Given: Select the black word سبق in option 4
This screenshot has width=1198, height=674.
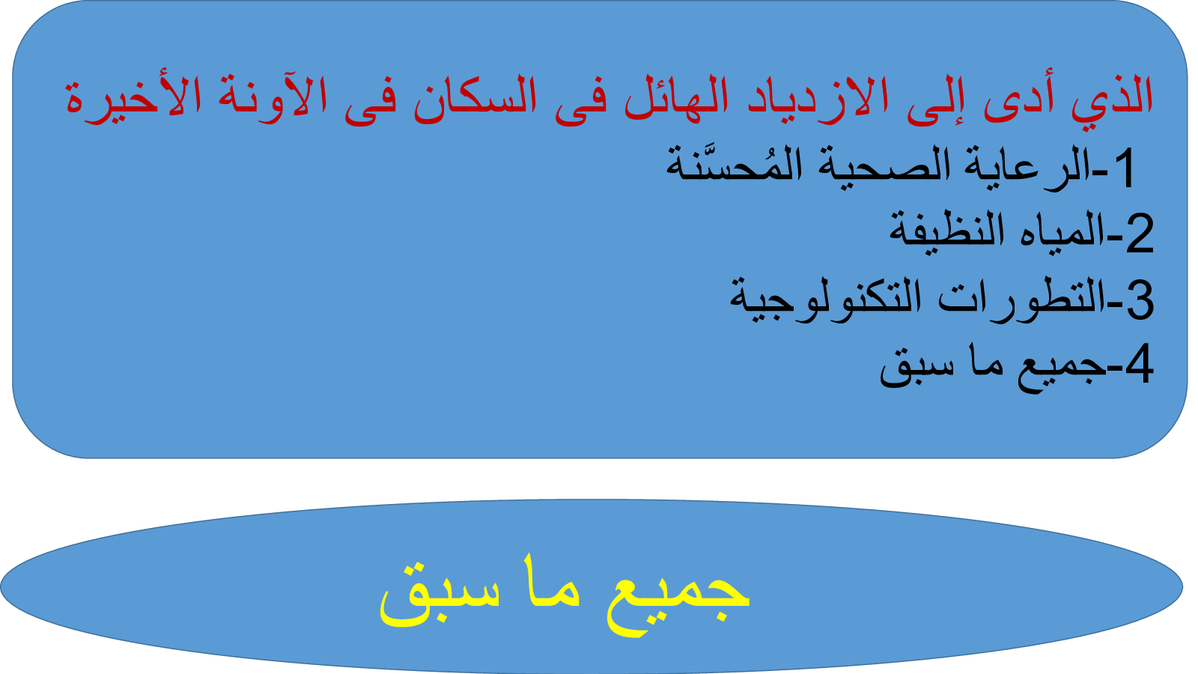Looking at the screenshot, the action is [910, 370].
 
